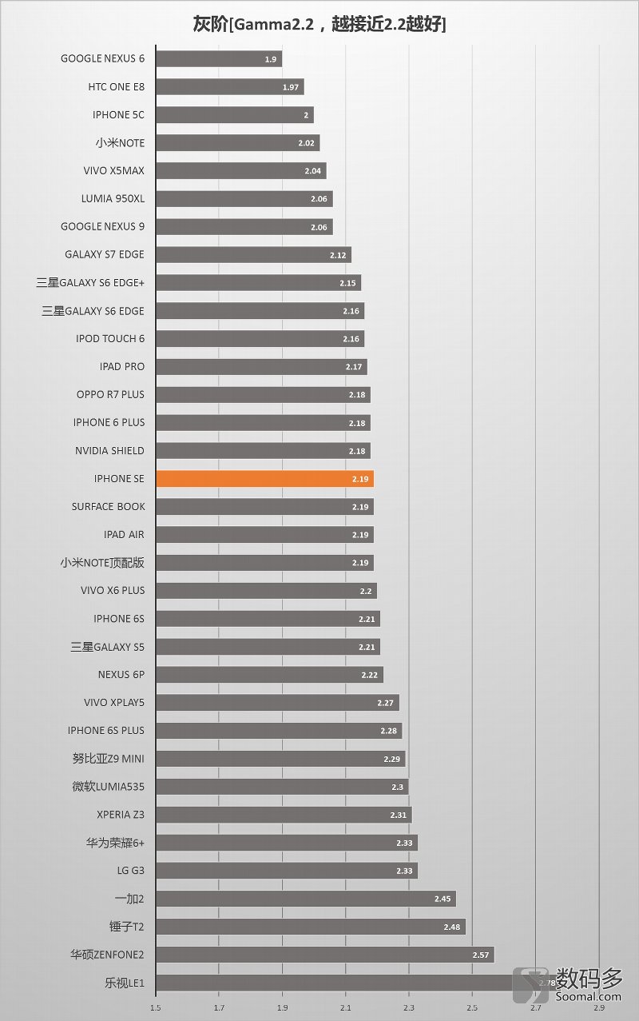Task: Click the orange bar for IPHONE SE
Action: (x=264, y=479)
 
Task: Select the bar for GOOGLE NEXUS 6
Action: (x=218, y=58)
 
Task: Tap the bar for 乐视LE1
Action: (x=335, y=983)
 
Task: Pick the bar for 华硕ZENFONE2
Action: (x=324, y=955)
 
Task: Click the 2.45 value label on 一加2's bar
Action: (x=443, y=899)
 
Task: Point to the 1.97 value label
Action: (x=291, y=87)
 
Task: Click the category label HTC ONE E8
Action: (x=117, y=86)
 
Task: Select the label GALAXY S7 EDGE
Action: (x=105, y=254)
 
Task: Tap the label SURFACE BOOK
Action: (x=108, y=506)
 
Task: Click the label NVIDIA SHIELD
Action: (x=109, y=450)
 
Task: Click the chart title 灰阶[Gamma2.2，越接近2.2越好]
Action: (x=319, y=24)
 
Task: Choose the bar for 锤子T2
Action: (x=310, y=927)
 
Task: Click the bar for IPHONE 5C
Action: (x=234, y=115)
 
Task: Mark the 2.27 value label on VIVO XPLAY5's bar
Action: (x=386, y=703)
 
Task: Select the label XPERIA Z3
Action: (x=120, y=814)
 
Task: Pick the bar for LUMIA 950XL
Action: (x=244, y=199)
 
